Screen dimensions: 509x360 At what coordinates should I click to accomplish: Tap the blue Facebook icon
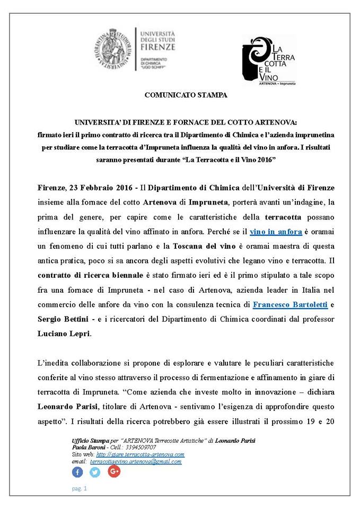77,472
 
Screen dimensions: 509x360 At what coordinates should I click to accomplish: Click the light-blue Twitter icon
95,472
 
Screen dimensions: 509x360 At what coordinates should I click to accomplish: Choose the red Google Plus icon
113,471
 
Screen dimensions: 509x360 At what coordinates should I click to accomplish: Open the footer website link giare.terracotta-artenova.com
140,455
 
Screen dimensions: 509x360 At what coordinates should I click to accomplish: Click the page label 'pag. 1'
78,488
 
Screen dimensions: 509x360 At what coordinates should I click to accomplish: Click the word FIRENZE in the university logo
157,47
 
